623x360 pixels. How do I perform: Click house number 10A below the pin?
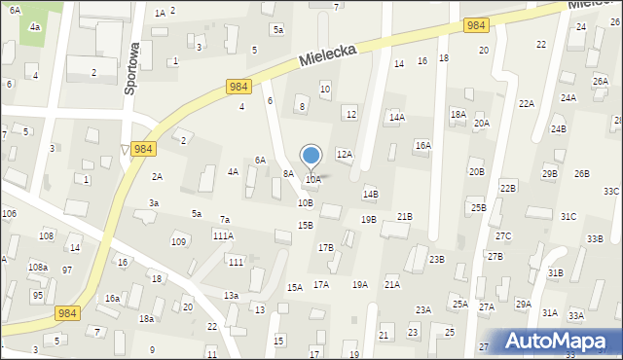313,180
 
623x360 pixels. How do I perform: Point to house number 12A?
344,154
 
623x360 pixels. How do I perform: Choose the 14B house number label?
370,194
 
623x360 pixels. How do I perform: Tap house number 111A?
223,235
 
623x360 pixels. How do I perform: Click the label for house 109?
178,241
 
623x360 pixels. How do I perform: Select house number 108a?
38,267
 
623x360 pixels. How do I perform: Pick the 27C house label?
502,236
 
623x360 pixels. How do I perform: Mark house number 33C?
610,192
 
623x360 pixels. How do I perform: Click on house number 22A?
526,104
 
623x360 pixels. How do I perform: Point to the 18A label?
458,114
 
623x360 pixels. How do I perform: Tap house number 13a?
231,295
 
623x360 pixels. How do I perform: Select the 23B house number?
436,259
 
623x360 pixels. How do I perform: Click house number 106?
9,213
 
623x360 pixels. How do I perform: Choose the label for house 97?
67,270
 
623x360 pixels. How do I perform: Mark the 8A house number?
288,173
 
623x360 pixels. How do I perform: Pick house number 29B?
550,173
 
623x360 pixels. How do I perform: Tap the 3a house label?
154,202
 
